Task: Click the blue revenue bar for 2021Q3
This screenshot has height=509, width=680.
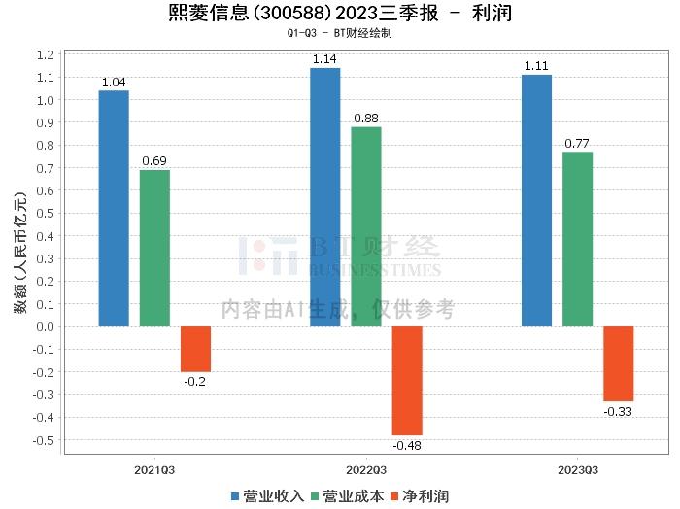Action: coord(114,208)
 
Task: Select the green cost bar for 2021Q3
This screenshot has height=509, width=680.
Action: coord(154,248)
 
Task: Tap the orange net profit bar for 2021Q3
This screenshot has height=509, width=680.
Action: coord(195,349)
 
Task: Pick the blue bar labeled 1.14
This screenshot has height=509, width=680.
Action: coord(324,197)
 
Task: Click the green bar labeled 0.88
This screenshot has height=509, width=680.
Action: coord(366,226)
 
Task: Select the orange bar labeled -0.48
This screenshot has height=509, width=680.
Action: coord(407,380)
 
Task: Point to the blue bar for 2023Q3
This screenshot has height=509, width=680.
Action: coord(536,200)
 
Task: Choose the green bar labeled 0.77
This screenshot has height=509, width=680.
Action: coord(577,239)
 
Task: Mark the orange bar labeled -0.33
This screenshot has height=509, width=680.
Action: coord(619,363)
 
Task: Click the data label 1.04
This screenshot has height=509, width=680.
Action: coord(114,83)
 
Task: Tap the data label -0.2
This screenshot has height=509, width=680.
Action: coord(195,381)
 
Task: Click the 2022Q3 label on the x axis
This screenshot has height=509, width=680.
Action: coord(366,469)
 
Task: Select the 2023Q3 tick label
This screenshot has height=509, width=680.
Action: coord(577,469)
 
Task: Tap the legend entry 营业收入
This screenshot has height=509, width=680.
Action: coord(267,496)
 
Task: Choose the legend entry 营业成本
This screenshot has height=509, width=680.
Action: coord(347,496)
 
